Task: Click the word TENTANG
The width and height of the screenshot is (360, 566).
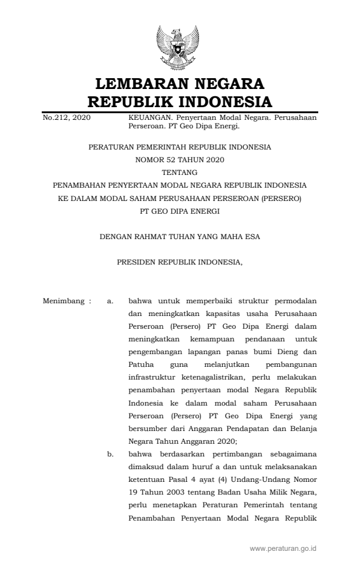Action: pyautogui.click(x=180, y=172)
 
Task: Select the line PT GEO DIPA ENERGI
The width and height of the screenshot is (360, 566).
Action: pyautogui.click(x=180, y=211)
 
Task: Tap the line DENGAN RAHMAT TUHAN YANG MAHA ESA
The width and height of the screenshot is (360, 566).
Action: pyautogui.click(x=180, y=237)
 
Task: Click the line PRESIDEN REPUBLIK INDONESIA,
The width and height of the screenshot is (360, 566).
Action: pyautogui.click(x=180, y=263)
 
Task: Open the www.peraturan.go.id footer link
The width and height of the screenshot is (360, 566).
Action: pyautogui.click(x=283, y=548)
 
